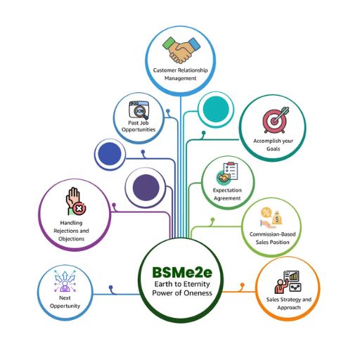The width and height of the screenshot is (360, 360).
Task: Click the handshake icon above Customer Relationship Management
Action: (181, 50)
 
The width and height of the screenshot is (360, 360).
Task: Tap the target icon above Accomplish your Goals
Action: (276, 120)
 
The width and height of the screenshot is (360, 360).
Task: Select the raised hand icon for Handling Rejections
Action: (76, 201)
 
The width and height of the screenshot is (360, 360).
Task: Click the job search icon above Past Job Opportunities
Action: (139, 110)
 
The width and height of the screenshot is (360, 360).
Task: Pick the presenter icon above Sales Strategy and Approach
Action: (288, 282)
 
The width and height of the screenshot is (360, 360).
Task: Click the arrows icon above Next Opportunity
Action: (65, 281)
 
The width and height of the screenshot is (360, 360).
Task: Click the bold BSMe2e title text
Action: (182, 272)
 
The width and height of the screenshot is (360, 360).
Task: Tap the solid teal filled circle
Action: (216, 109)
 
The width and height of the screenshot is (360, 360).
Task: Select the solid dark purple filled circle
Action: (146, 188)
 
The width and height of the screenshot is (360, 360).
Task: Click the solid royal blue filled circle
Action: (110, 154)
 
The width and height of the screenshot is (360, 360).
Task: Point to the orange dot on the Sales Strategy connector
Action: (243, 285)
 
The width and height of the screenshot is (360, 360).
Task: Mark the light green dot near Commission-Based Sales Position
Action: (212, 220)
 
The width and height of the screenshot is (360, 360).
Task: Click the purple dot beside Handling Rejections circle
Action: (114, 205)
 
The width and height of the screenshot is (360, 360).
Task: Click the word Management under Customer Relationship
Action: (180, 78)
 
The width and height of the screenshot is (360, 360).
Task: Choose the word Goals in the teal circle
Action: (274, 148)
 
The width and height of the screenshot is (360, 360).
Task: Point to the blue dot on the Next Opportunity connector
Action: (110, 287)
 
